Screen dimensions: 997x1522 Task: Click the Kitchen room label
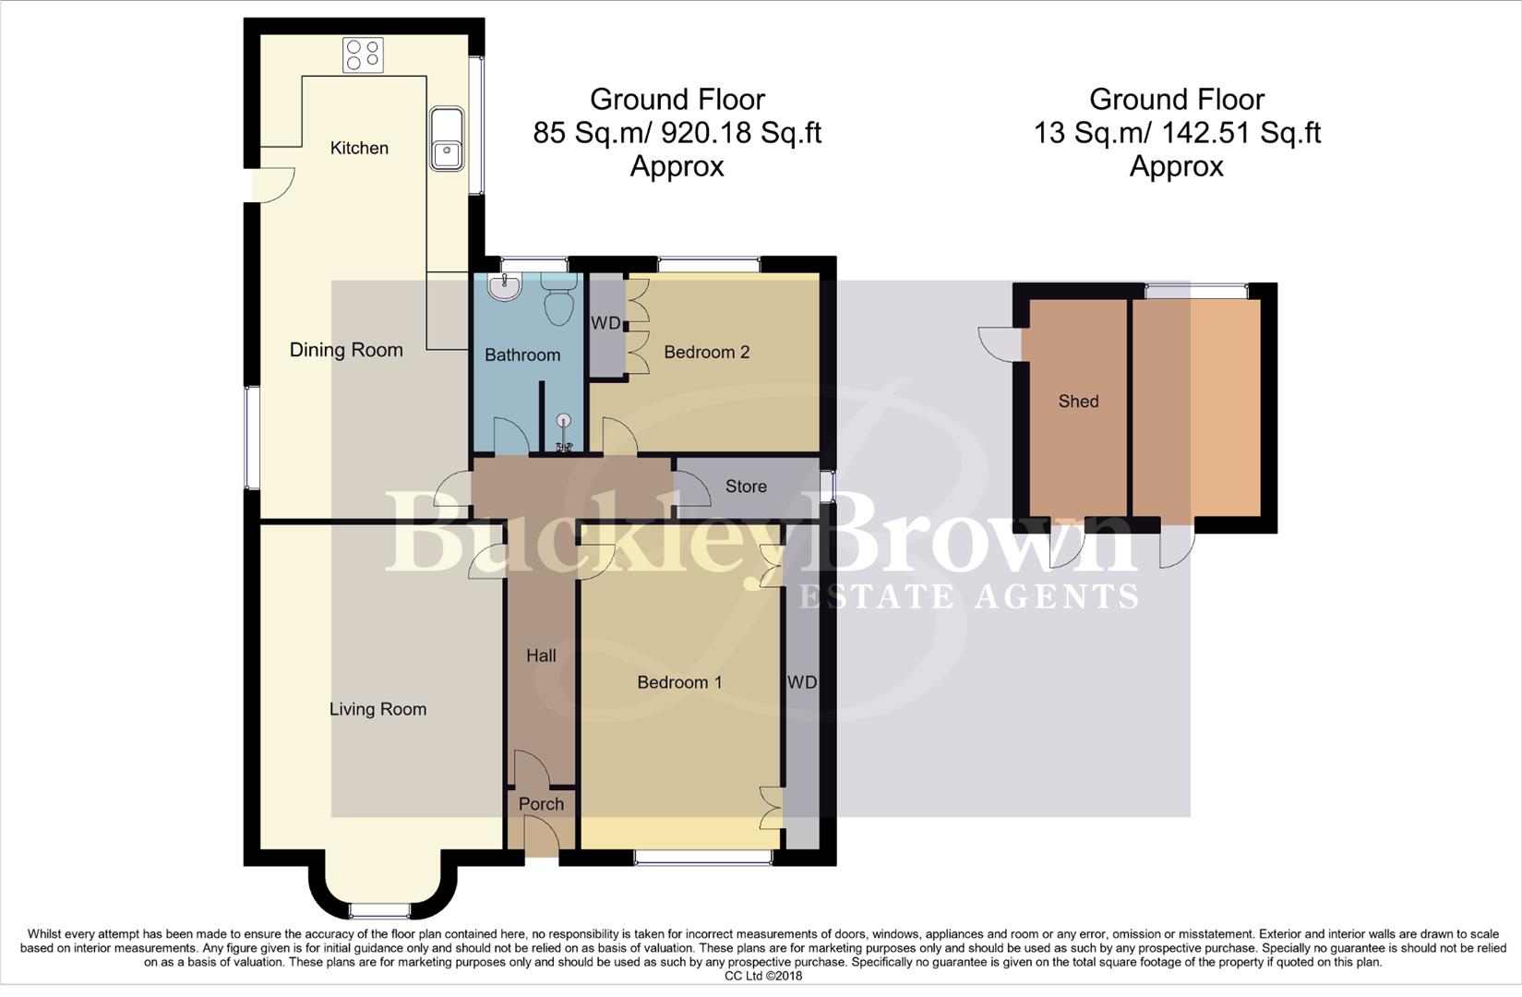359,148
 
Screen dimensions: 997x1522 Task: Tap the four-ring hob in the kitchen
363,55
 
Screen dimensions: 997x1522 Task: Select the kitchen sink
447,138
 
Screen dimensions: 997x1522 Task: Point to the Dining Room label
346,350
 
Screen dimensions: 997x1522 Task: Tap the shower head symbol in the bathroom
564,423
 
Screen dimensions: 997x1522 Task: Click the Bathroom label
522,354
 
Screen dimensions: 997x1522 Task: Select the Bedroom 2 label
706,352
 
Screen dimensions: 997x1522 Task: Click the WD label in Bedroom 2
605,323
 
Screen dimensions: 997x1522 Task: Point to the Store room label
746,486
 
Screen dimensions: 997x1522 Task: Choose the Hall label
541,655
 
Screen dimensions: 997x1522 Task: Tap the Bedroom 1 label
679,682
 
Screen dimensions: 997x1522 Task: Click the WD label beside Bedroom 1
802,682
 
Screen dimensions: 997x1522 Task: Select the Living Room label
378,709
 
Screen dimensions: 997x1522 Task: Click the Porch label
541,804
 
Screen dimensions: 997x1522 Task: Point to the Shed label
1078,401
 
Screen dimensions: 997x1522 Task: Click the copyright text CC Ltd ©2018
763,976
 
